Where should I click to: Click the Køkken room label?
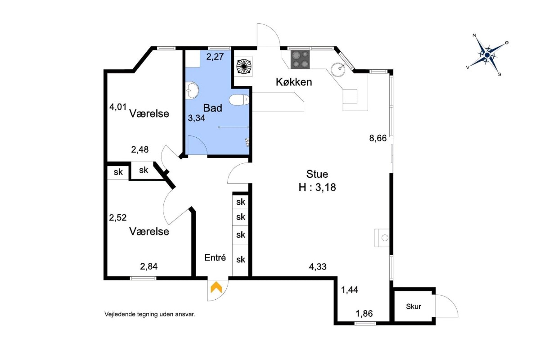coord(294,82)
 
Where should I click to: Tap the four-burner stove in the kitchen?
coord(300,59)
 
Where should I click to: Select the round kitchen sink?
coord(338,69)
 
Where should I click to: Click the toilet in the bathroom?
coord(239,100)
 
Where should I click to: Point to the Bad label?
coord(212,108)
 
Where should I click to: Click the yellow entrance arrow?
coord(216,287)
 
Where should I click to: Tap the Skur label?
coord(414,306)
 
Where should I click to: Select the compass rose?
coord(487,55)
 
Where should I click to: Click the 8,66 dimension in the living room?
coord(378,139)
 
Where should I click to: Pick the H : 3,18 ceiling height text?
coord(317,187)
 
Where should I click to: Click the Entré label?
coord(215,258)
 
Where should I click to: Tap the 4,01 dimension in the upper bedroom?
coord(118,107)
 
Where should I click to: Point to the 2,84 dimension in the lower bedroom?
coord(149,266)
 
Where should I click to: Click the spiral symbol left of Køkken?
coord(244,66)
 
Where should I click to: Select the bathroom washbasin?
coord(192,90)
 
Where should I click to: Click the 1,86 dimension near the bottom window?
coord(364,314)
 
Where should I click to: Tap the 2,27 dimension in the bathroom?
coord(215,57)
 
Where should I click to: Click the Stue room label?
coord(317,174)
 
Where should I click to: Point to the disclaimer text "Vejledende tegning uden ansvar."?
coord(150,315)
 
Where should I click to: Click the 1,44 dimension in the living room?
coord(350,290)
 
